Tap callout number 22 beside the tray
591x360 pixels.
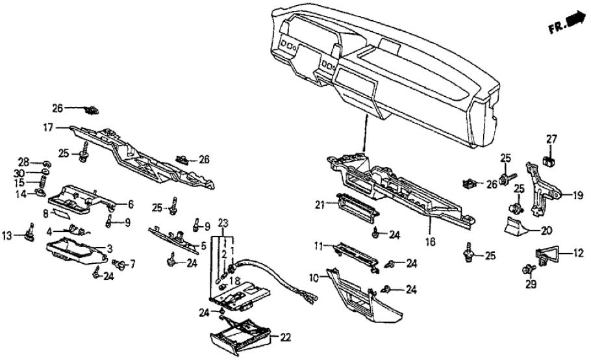(285, 337)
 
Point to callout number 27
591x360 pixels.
(551, 138)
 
